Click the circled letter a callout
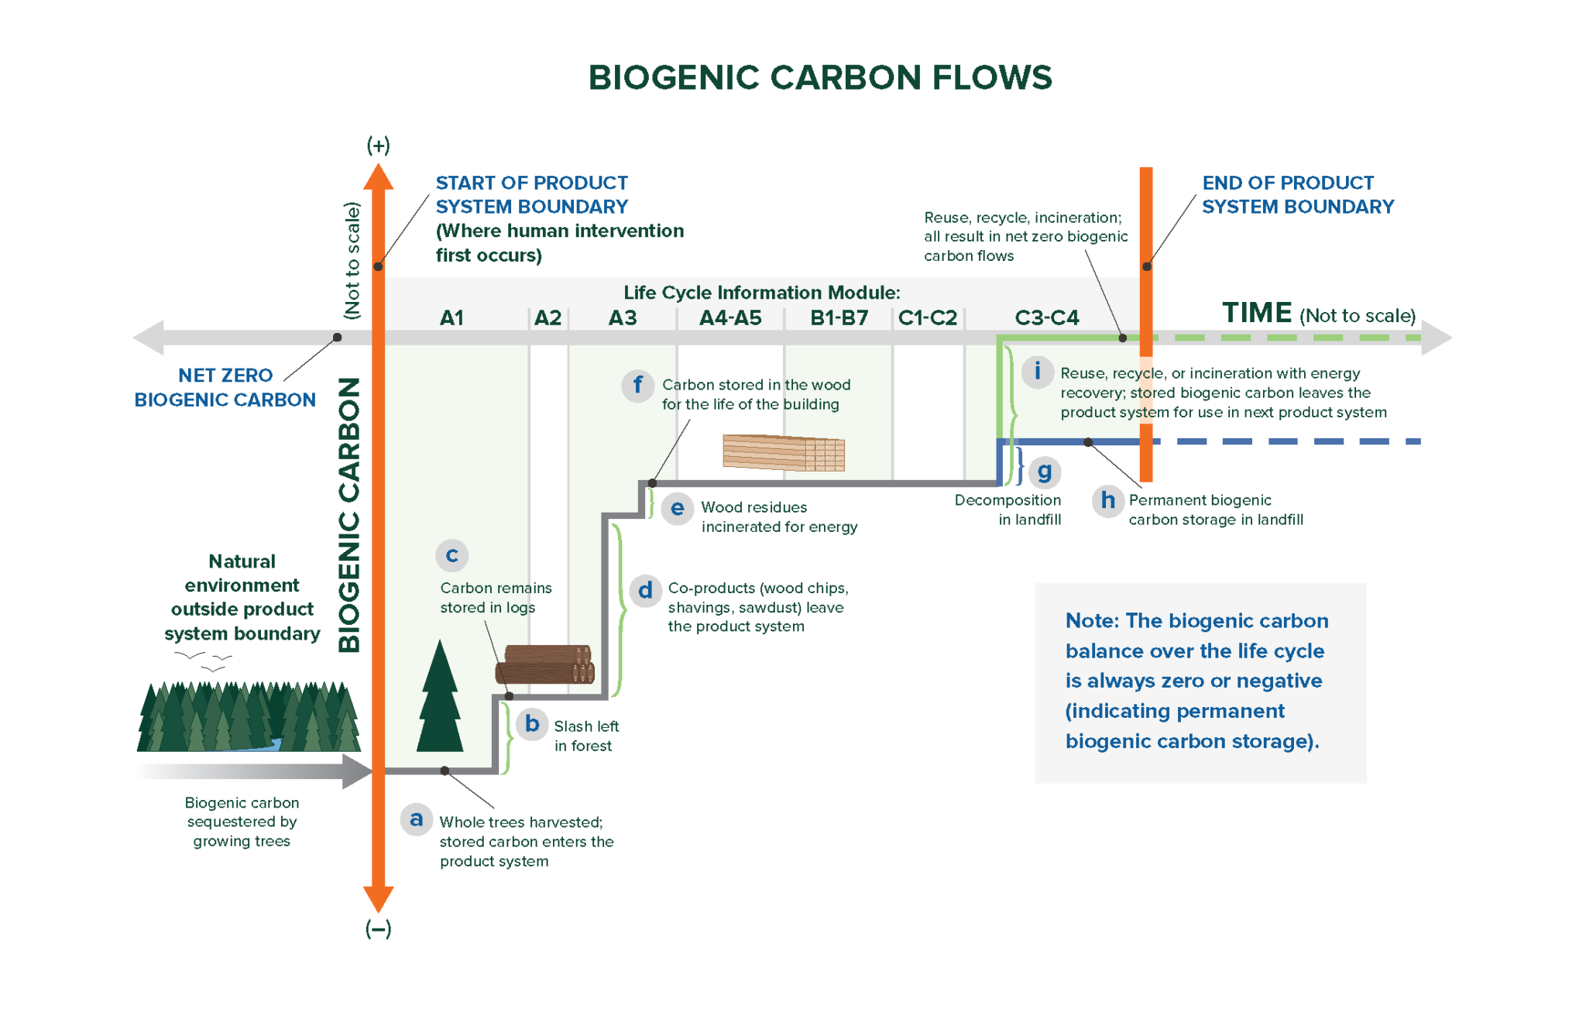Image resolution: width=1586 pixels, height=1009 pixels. (x=416, y=819)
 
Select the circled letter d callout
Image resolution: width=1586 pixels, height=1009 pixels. (x=644, y=591)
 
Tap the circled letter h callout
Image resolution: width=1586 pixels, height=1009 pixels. (x=1107, y=500)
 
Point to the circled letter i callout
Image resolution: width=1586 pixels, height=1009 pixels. (x=1037, y=371)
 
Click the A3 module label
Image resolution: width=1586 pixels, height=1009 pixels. (x=622, y=317)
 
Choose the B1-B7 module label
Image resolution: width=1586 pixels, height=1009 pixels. (x=839, y=317)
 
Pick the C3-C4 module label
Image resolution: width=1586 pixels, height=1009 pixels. (x=1046, y=317)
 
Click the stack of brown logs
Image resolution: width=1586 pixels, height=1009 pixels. (x=545, y=664)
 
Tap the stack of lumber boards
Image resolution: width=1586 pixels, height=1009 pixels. (x=783, y=452)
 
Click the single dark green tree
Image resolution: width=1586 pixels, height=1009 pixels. (x=440, y=701)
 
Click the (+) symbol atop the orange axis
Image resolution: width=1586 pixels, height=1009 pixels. (x=378, y=145)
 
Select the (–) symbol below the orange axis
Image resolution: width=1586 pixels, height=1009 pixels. (x=378, y=928)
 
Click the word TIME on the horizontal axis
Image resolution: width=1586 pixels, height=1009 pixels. (x=1256, y=313)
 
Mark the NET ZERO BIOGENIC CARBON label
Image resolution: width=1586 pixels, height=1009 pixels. (x=225, y=387)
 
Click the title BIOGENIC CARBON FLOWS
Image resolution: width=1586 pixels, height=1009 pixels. (x=820, y=77)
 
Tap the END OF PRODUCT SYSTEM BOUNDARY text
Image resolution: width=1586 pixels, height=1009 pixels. (x=1297, y=194)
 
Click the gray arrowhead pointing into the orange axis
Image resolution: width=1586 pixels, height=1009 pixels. (x=357, y=771)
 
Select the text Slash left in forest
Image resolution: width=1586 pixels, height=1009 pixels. (x=585, y=736)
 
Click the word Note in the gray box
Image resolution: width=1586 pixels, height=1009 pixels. (x=1090, y=621)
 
